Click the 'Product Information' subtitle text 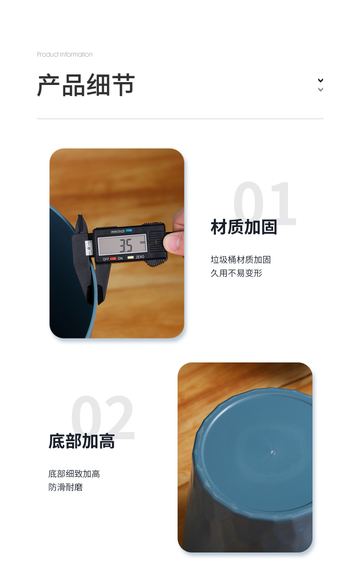pos(64,54)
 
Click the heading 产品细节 pos(86,85)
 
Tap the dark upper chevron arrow pos(320,80)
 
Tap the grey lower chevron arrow pos(320,89)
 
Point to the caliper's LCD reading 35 pos(126,246)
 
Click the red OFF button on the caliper pos(113,258)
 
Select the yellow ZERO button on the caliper pos(131,257)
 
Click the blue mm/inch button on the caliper pos(129,230)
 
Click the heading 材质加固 pos(244,227)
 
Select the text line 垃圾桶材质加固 pos(241,259)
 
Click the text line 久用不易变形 pos(236,273)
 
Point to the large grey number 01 pos(265,204)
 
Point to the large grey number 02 pos(103,417)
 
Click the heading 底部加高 pos(82,441)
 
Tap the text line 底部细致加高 pos(74,473)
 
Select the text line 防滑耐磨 pos(66,487)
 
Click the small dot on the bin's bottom pos(273,453)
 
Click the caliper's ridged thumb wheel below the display pos(156,263)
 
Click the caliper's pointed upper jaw pos(82,225)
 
